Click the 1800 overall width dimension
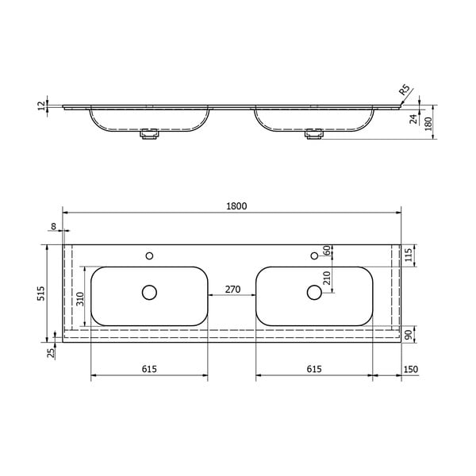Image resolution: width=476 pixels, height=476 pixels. point(236,206)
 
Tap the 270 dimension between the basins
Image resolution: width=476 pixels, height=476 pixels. point(232,290)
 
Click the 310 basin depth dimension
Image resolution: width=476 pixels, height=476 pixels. point(79,298)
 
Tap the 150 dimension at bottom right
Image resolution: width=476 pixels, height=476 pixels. point(410,369)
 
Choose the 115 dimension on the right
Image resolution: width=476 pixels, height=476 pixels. point(409,255)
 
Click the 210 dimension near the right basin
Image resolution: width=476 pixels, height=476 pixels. point(326,278)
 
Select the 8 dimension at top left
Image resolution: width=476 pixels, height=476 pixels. point(53,227)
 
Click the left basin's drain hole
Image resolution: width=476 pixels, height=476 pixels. point(149,293)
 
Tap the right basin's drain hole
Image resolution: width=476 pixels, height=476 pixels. point(315,293)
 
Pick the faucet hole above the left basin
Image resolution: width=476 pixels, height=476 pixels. point(149,255)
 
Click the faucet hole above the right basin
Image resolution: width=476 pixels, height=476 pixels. point(315,255)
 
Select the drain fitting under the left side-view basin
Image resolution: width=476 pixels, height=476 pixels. point(149,136)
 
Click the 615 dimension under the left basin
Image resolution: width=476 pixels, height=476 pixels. point(149,369)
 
